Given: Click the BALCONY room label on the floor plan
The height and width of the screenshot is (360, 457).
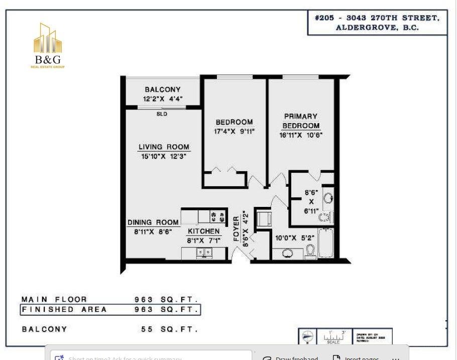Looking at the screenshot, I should [162, 90].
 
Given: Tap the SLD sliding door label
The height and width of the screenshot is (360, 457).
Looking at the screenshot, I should [162, 114].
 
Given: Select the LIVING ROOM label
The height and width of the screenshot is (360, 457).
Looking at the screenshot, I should [164, 147].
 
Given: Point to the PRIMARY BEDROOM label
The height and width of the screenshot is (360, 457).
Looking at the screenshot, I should [300, 121].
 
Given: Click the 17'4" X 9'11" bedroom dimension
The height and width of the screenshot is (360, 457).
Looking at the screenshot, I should [234, 132].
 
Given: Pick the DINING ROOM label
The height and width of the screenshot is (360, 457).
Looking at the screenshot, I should [153, 222].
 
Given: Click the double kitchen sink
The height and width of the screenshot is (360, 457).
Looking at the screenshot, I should [204, 253].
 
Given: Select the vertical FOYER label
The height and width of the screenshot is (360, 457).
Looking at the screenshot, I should [237, 229].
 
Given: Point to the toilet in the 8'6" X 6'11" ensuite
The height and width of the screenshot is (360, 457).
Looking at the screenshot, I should [325, 217].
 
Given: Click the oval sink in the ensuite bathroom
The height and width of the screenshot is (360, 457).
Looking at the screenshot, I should [328, 198].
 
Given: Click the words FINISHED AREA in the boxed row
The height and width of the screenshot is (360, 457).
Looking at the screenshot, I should [64, 310].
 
